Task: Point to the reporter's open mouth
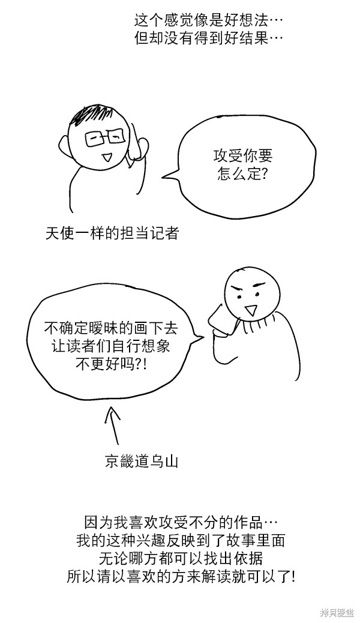(x=106, y=158)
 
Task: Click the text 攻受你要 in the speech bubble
(x=243, y=156)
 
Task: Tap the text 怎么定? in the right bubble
(x=243, y=174)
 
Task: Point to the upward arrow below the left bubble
(x=113, y=425)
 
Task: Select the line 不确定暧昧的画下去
(x=110, y=328)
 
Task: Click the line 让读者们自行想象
(x=111, y=346)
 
